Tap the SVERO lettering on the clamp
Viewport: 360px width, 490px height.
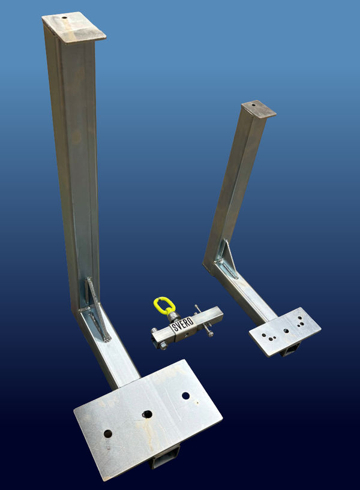tap(184, 324)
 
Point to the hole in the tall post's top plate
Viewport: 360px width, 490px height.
tap(64, 18)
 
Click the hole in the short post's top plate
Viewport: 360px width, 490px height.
tap(253, 106)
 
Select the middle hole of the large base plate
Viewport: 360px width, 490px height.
tap(148, 414)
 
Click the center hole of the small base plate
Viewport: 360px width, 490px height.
tap(286, 330)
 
